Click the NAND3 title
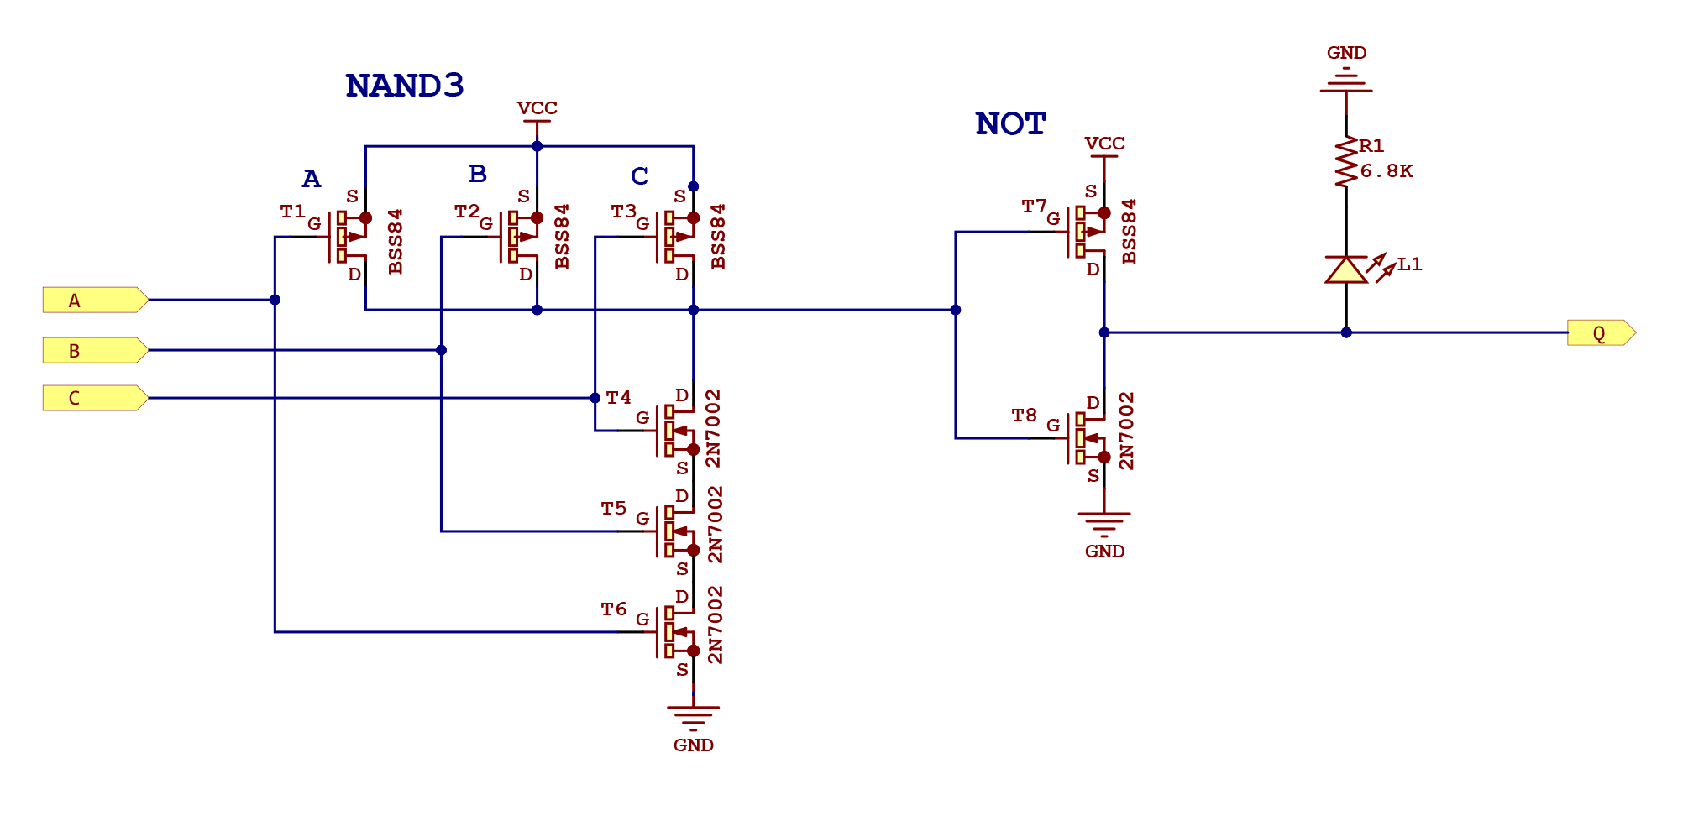404,86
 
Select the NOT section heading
1010,124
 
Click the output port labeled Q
1600,333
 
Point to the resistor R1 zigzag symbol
1346,162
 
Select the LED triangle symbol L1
1346,269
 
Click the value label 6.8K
1387,171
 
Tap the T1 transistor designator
292,212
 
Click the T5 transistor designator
613,509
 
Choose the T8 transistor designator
1024,416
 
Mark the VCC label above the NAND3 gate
537,108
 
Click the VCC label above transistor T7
1104,144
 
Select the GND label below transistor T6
693,745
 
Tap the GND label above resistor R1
1346,53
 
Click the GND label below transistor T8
1104,552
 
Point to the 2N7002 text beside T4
713,428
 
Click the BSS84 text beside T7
1130,232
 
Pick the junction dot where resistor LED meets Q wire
1346,332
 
